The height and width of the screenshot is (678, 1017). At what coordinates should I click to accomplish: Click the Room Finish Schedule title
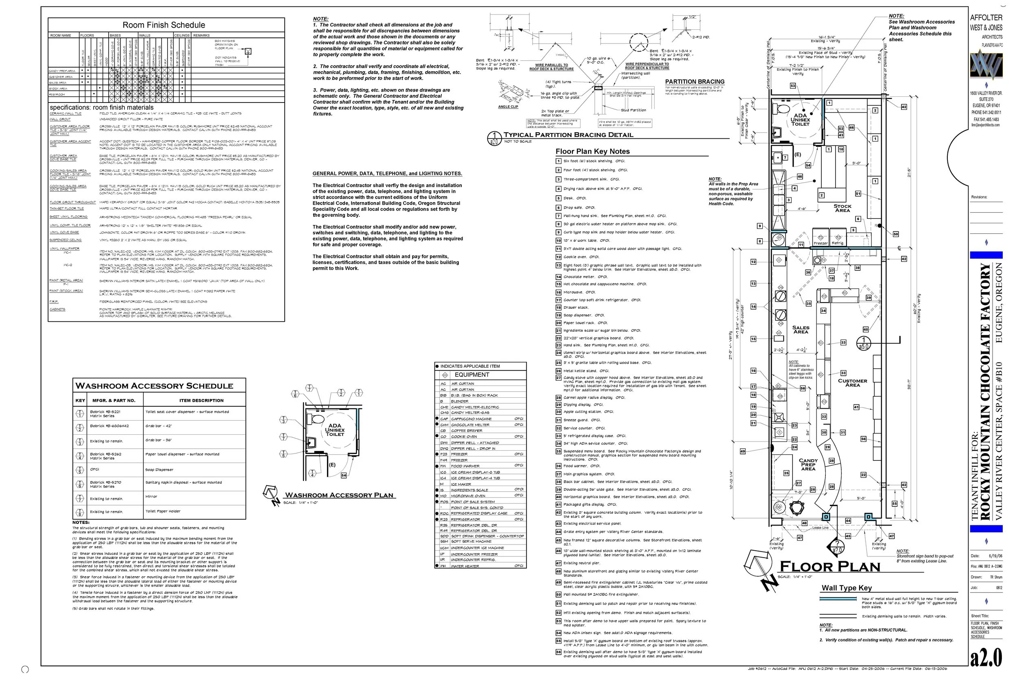(x=164, y=25)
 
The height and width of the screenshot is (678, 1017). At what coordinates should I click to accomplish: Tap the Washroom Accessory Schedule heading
(x=154, y=386)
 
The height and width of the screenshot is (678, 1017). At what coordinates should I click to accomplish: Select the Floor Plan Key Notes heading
(x=592, y=151)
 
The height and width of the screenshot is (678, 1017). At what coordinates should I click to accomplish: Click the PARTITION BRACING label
(x=694, y=82)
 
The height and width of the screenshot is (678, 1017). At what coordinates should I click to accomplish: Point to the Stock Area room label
(x=842, y=208)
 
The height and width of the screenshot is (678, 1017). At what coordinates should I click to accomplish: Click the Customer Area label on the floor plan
(x=852, y=383)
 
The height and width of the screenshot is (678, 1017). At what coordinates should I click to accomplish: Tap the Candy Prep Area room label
(x=808, y=464)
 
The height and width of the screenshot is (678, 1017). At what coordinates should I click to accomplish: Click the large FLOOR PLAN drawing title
(x=830, y=567)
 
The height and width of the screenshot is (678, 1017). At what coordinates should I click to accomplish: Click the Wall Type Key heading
(x=846, y=588)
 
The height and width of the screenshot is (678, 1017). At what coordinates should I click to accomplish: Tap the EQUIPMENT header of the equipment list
(x=472, y=375)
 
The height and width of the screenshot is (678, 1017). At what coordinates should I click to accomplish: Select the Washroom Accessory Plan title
(x=339, y=495)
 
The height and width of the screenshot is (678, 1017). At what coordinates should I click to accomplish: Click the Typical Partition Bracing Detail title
(x=568, y=135)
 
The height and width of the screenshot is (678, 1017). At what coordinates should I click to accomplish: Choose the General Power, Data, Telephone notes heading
(x=387, y=174)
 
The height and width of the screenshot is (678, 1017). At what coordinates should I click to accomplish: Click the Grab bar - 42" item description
(x=159, y=426)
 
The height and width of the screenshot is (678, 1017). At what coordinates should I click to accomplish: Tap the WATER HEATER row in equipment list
(x=465, y=566)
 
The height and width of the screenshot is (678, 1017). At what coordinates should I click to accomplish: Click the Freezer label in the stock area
(x=820, y=243)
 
